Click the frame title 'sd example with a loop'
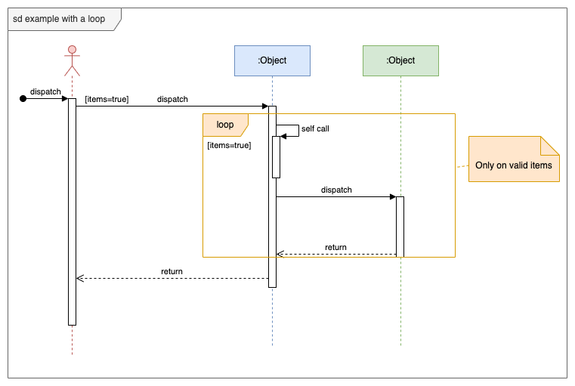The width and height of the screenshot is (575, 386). pos(59,19)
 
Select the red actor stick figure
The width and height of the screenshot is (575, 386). pos(72,60)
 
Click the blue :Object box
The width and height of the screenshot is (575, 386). pos(272,60)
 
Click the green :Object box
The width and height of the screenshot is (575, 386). pos(400,60)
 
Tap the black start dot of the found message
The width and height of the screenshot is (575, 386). pos(23,98)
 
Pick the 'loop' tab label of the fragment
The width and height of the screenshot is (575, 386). pos(225,125)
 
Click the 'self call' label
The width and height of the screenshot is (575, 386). pos(315,128)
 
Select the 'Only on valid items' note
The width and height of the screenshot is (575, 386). pos(513,165)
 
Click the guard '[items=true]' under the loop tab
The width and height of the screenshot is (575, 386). pos(229,145)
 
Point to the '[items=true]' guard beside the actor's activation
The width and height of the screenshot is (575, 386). pos(107,99)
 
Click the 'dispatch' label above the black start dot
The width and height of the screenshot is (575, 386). pos(45,91)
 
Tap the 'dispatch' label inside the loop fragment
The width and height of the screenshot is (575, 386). pos(336,190)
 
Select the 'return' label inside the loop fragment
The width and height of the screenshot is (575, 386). pos(335,247)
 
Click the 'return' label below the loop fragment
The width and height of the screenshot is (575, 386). pos(172,271)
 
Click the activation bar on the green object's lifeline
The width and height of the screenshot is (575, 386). pos(400,227)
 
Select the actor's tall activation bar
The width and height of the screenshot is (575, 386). pos(72,212)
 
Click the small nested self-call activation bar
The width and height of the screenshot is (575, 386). pos(277,157)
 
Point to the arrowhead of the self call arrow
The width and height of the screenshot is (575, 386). pos(283,136)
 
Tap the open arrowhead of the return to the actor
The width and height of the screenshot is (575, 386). pos(80,279)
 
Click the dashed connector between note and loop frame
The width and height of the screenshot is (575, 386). pos(462,166)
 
